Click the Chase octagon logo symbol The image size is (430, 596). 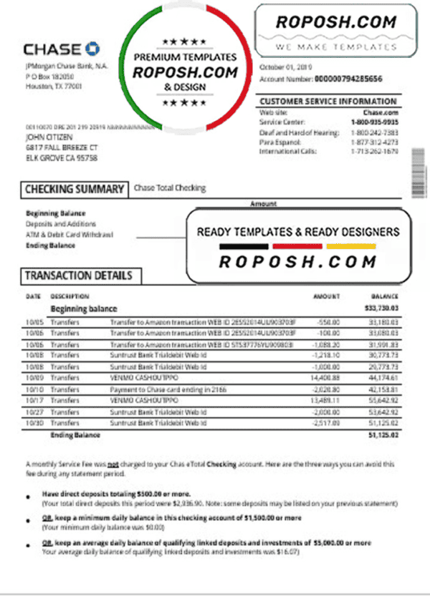pos(92,49)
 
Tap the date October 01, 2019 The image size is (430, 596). pos(280,68)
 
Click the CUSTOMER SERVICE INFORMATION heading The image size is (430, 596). pos(328,102)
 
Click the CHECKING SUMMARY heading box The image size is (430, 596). pos(74,189)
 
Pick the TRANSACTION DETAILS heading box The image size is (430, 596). pos(79,275)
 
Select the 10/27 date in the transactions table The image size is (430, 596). pos(34,413)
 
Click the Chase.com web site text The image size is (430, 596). pos(381,112)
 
